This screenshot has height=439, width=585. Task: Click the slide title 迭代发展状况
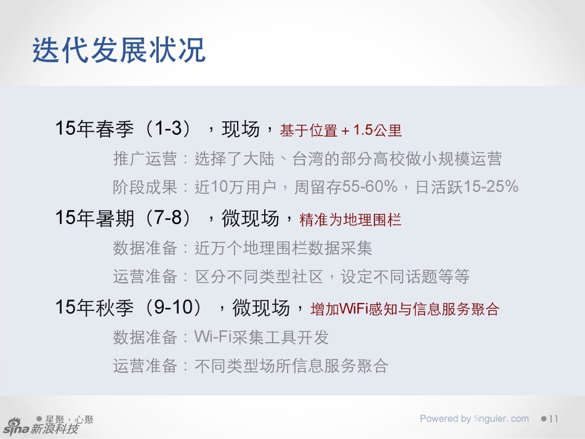[118, 50]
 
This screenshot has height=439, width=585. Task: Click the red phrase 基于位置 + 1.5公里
[341, 131]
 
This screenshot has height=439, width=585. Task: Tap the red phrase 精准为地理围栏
[350, 219]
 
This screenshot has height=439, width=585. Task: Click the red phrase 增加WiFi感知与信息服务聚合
[405, 309]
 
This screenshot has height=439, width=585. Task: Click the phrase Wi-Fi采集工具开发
[262, 337]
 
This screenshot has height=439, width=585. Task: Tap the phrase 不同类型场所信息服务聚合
[291, 366]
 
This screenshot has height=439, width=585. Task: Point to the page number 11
[552, 419]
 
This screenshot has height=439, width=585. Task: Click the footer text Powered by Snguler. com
[474, 419]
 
